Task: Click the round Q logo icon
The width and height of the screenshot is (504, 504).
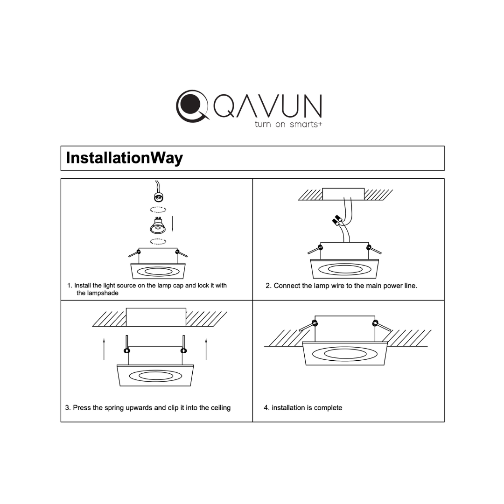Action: (x=191, y=106)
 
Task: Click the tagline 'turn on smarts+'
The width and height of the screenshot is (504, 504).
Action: (x=288, y=125)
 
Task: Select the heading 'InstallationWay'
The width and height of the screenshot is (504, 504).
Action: (x=124, y=158)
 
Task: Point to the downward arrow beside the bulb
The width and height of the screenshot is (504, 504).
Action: (x=173, y=224)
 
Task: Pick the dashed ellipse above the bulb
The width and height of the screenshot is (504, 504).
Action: (x=158, y=210)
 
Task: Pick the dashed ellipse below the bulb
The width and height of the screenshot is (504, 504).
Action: (x=158, y=241)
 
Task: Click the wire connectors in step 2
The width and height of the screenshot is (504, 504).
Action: (x=337, y=220)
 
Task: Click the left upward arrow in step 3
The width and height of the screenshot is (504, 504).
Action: (x=104, y=349)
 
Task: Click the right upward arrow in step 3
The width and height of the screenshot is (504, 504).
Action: (x=206, y=349)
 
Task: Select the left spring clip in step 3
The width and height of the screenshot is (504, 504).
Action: (x=126, y=346)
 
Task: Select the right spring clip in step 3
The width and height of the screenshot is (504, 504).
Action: (x=183, y=346)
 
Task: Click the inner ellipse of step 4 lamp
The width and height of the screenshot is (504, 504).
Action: (x=345, y=354)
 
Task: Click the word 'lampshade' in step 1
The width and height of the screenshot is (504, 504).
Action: (x=98, y=293)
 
